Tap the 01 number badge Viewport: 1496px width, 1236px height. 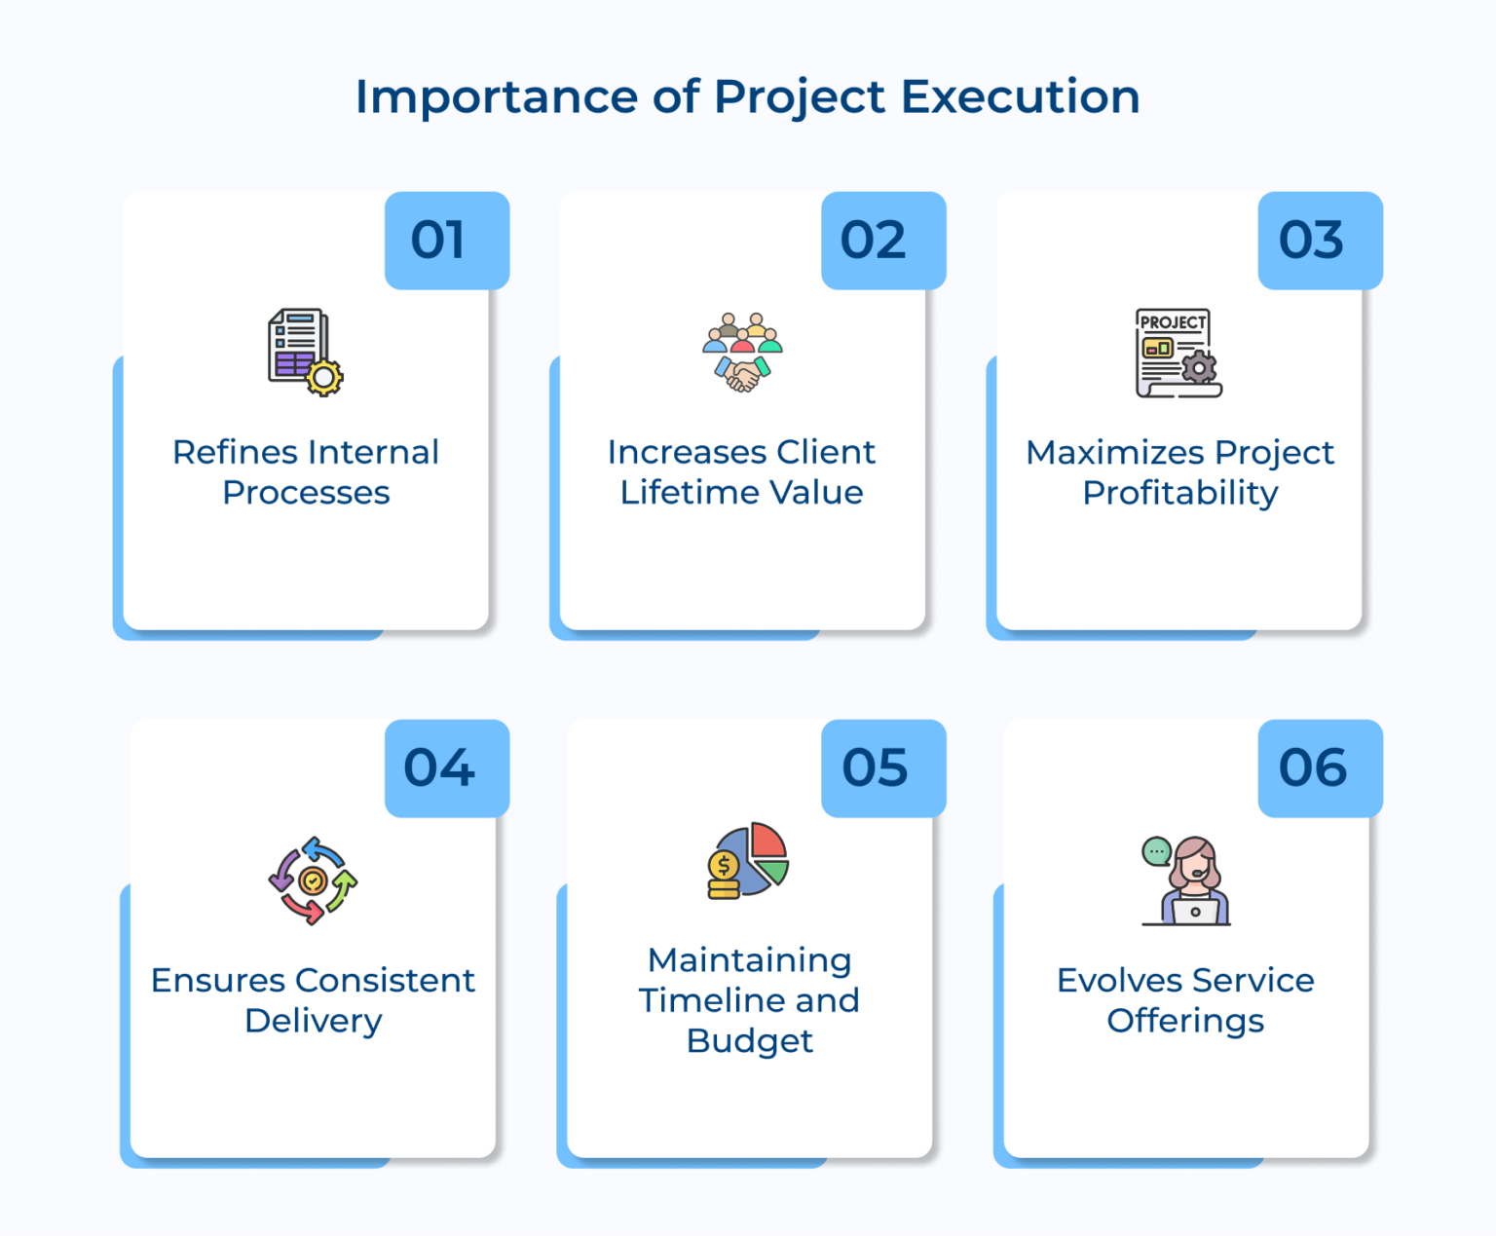pos(446,241)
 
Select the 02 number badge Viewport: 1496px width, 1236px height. pos(882,241)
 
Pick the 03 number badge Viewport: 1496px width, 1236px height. pos(1319,241)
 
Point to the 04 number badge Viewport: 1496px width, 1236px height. pos(446,768)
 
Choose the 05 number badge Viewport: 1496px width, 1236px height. pos(882,768)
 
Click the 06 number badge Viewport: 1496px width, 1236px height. pos(1319,768)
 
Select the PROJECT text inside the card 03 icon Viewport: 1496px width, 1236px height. pos(1173,322)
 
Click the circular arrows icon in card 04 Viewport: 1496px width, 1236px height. pos(313,880)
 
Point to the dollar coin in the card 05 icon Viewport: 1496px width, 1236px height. pos(724,865)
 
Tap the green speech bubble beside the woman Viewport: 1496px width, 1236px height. pos(1156,852)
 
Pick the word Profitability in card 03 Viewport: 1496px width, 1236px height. pos(1179,493)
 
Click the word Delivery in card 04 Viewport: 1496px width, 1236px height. pos(313,1021)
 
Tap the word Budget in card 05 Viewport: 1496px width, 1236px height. pos(749,1041)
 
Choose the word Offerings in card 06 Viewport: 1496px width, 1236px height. pos(1185,1021)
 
